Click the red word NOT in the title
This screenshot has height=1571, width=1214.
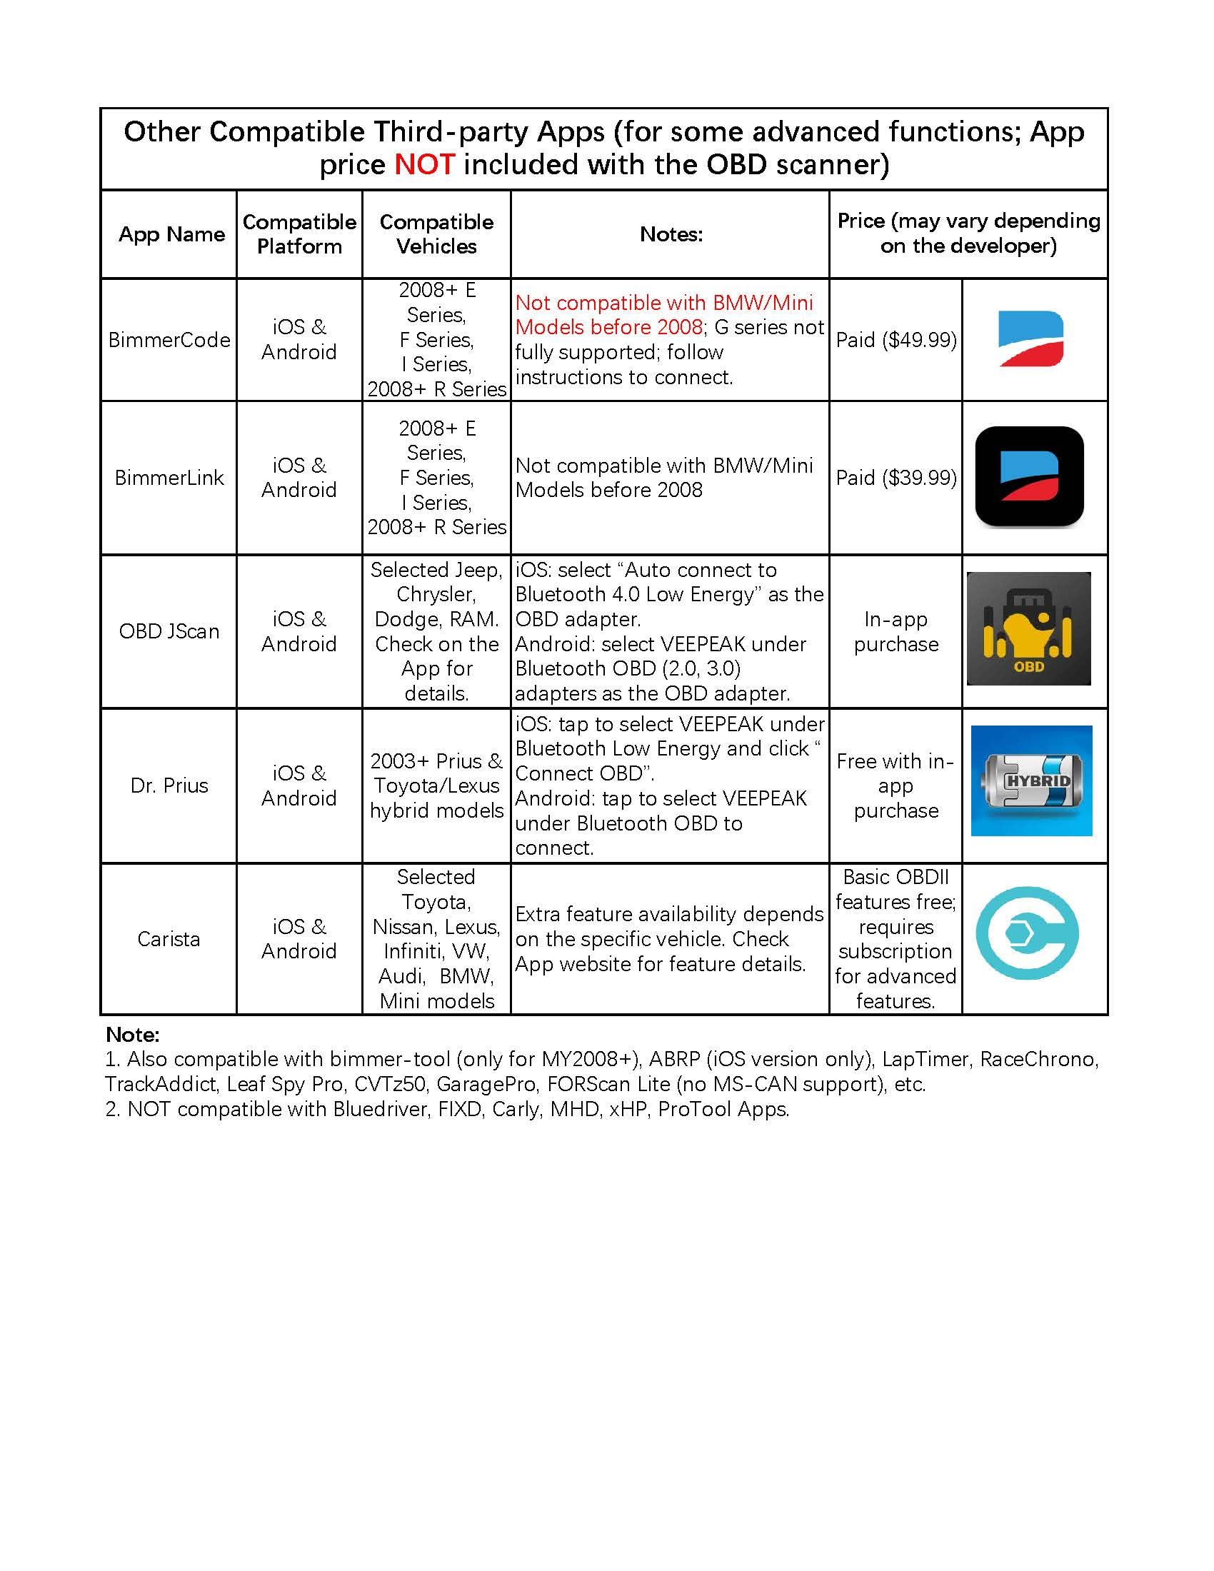(423, 165)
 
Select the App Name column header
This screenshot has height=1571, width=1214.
(171, 234)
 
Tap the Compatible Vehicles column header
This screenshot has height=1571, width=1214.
(436, 234)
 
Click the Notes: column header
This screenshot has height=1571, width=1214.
(671, 234)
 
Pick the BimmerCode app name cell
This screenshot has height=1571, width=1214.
(169, 339)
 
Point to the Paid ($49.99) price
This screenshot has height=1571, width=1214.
(896, 339)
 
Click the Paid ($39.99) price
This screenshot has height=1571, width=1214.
(896, 478)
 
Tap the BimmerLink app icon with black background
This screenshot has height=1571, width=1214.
(1029, 477)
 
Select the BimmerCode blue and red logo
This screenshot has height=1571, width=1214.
(1030, 338)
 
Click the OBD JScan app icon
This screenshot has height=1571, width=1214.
(1028, 628)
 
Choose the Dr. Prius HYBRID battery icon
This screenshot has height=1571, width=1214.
(1031, 781)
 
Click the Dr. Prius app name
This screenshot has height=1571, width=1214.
(169, 785)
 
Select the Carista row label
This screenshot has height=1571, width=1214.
(169, 939)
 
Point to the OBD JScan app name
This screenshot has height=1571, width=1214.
(169, 631)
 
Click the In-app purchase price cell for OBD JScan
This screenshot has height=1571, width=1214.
(896, 631)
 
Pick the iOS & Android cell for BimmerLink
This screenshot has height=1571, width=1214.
(299, 478)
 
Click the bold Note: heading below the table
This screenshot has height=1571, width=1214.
(132, 1035)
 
